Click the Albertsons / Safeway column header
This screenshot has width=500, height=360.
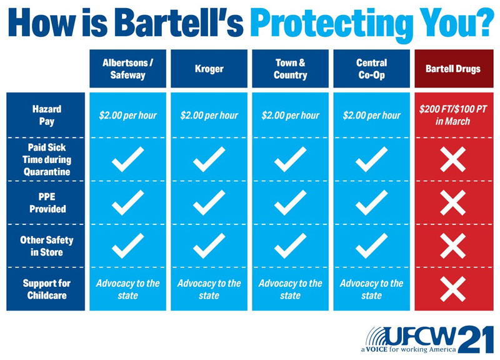pyautogui.click(x=127, y=69)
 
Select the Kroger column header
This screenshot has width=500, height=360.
pyautogui.click(x=209, y=69)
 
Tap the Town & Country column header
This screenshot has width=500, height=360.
pyautogui.click(x=290, y=69)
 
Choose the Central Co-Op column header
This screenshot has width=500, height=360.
pyautogui.click(x=371, y=69)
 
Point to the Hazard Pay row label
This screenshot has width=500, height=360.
pyautogui.click(x=46, y=115)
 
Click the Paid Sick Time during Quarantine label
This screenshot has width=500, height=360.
pyautogui.click(x=46, y=159)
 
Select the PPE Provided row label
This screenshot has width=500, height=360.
pyautogui.click(x=47, y=202)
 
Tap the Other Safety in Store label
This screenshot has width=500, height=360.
pyautogui.click(x=46, y=246)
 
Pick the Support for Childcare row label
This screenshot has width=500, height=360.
pyautogui.click(x=46, y=289)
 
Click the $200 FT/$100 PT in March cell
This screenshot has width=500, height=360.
pyautogui.click(x=452, y=115)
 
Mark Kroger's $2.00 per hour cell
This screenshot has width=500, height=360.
pyautogui.click(x=209, y=115)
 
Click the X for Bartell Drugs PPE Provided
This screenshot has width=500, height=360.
pyautogui.click(x=452, y=202)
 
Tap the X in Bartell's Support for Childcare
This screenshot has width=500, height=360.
pyautogui.click(x=452, y=289)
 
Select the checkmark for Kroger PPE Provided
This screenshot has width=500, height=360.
pyautogui.click(x=209, y=202)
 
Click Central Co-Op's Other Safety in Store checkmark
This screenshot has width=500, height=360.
pyautogui.click(x=371, y=246)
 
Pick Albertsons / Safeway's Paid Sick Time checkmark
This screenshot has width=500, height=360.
pyautogui.click(x=127, y=159)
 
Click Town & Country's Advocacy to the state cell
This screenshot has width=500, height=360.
pyautogui.click(x=290, y=289)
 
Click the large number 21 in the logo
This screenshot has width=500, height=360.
pyautogui.click(x=476, y=339)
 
